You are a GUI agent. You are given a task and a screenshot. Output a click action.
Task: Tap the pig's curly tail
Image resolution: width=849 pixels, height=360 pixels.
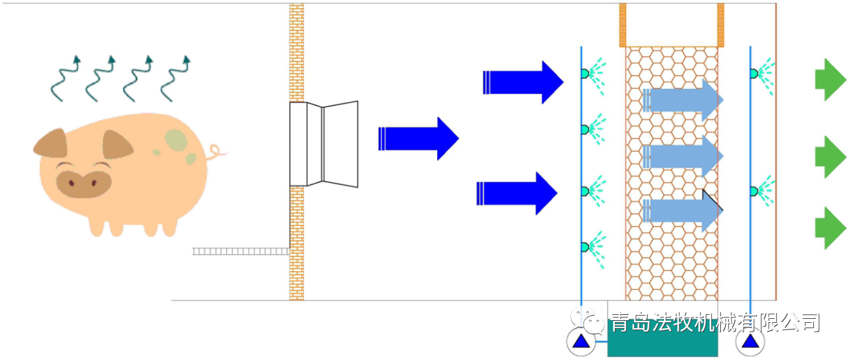tap(216, 153)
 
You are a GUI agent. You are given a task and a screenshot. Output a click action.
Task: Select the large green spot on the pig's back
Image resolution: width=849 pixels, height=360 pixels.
tap(176, 139)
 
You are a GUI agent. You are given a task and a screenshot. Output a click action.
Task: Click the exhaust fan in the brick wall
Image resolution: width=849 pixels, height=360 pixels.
tap(324, 143)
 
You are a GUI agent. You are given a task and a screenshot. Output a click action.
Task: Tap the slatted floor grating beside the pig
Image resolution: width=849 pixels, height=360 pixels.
tap(240, 251)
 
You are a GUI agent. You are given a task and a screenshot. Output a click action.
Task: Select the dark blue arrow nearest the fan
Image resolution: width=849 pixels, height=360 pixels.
tap(418, 138)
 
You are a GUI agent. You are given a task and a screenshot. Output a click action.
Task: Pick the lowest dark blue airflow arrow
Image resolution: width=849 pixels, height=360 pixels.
tap(517, 193)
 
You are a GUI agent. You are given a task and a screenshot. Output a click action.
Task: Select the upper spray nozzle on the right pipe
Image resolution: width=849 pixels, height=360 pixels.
tap(754, 73)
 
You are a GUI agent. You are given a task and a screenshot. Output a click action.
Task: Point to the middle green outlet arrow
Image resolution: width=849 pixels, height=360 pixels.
tap(830, 156)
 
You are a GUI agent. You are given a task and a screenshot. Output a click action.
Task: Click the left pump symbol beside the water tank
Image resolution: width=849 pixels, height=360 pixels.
tap(581, 342)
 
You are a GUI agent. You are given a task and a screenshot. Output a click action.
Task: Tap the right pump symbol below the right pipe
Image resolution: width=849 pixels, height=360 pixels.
tap(750, 342)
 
